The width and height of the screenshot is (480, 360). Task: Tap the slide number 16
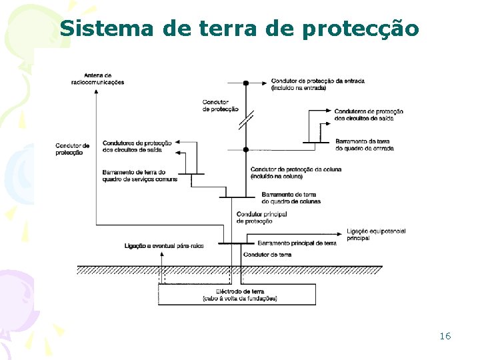tap(445, 336)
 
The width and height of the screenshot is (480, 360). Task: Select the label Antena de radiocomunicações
tap(97, 79)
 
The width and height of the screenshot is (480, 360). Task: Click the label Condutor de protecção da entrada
tap(317, 85)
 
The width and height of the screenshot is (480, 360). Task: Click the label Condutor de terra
tap(267, 255)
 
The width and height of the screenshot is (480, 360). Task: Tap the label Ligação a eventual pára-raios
tap(164, 246)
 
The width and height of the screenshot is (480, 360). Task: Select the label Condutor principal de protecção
tap(261, 217)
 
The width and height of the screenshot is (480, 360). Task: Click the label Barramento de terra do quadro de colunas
tap(291, 197)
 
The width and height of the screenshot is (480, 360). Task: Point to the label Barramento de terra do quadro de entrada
tap(364, 145)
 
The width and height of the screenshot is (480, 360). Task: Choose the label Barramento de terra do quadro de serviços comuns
tap(140, 175)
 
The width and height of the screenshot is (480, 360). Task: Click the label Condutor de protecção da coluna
tap(295, 173)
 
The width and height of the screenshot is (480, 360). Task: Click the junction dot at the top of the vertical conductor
tap(245, 83)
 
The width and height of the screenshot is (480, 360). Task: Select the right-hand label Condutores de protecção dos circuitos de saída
tap(368, 114)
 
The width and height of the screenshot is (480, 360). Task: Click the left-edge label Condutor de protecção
tap(73, 149)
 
